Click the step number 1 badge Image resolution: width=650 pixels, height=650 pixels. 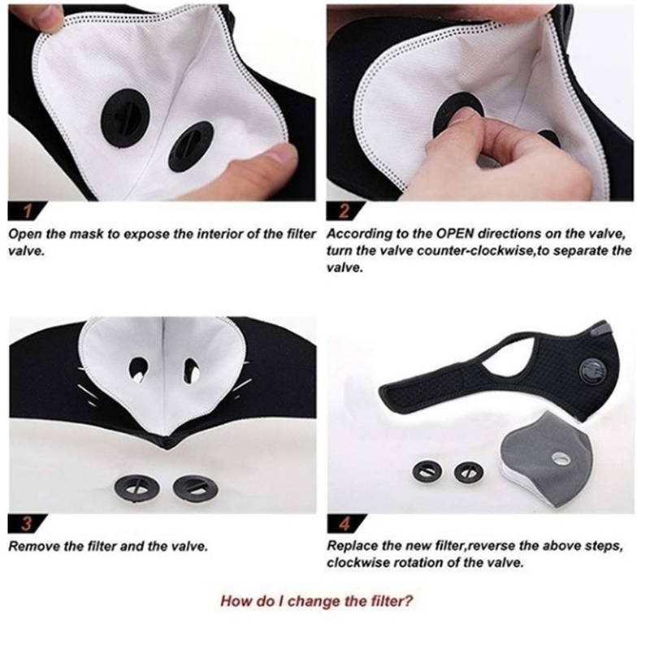27,211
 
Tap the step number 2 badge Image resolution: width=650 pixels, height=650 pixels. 344,211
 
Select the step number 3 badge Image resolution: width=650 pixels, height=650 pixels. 27,524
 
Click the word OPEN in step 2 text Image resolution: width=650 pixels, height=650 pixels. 454,234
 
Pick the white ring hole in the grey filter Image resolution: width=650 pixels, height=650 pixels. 561,458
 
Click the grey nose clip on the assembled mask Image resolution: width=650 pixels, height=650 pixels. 600,330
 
